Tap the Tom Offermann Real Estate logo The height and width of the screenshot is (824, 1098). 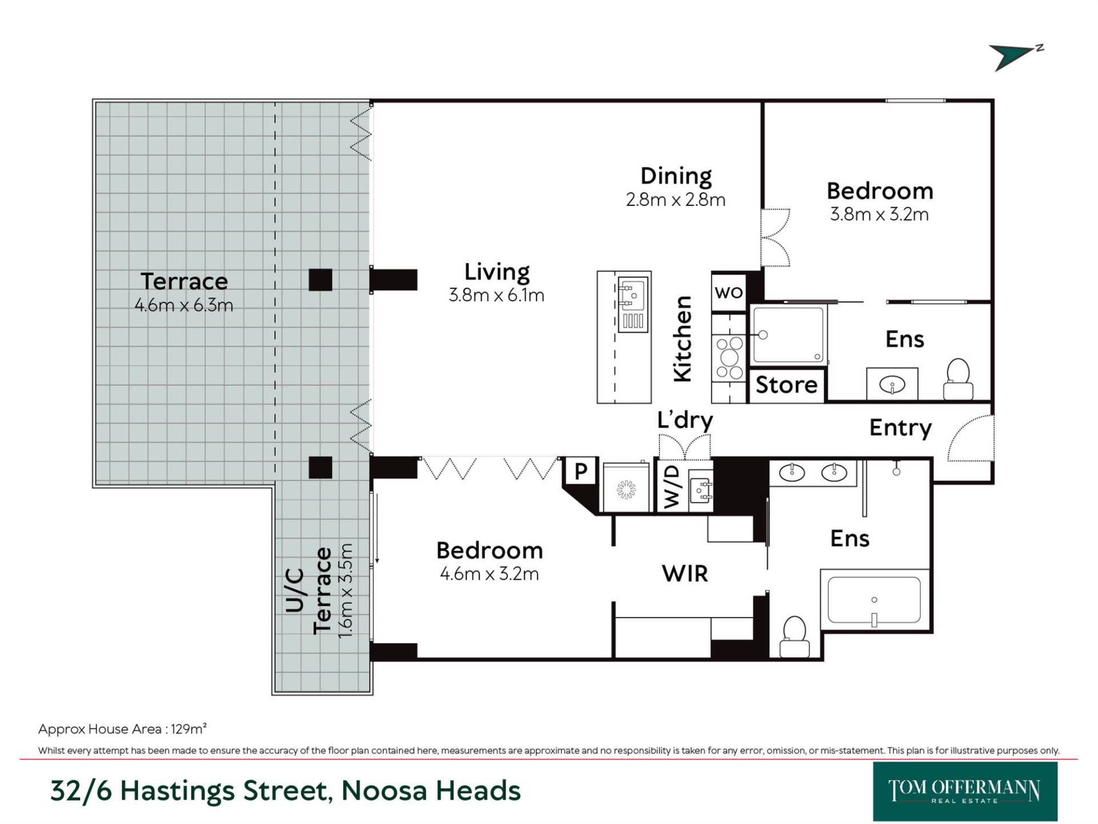click(965, 791)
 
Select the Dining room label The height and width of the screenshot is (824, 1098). click(676, 176)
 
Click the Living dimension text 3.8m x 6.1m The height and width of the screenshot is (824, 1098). click(496, 295)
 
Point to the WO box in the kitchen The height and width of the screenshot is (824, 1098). click(729, 292)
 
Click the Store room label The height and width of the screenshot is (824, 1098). click(786, 385)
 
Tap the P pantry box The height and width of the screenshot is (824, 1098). click(580, 472)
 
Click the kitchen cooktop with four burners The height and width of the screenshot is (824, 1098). click(729, 357)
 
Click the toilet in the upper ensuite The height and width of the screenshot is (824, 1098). click(958, 379)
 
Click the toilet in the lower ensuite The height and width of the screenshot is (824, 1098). click(795, 636)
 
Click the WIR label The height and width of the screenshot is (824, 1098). click(685, 573)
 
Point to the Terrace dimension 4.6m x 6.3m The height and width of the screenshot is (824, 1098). click(184, 305)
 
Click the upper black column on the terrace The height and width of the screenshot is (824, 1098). click(320, 280)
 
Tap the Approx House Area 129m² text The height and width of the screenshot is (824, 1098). click(122, 729)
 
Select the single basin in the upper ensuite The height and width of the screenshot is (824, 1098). click(892, 385)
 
